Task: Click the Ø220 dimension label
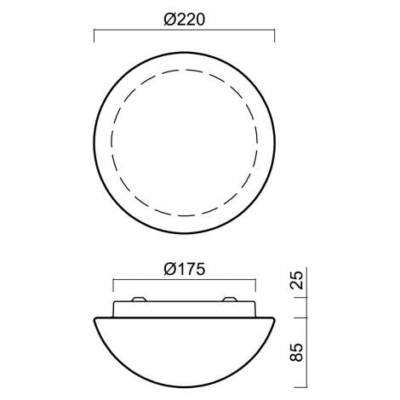[184, 20]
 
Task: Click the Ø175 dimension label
[184, 269]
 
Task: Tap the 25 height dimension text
[297, 280]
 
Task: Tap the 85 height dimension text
[297, 352]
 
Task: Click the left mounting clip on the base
[140, 299]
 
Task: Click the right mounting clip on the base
[229, 299]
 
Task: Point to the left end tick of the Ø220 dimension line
[94, 35]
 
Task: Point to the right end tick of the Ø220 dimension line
[274, 35]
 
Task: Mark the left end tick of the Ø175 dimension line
[113, 285]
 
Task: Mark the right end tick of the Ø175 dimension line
[255, 285]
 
